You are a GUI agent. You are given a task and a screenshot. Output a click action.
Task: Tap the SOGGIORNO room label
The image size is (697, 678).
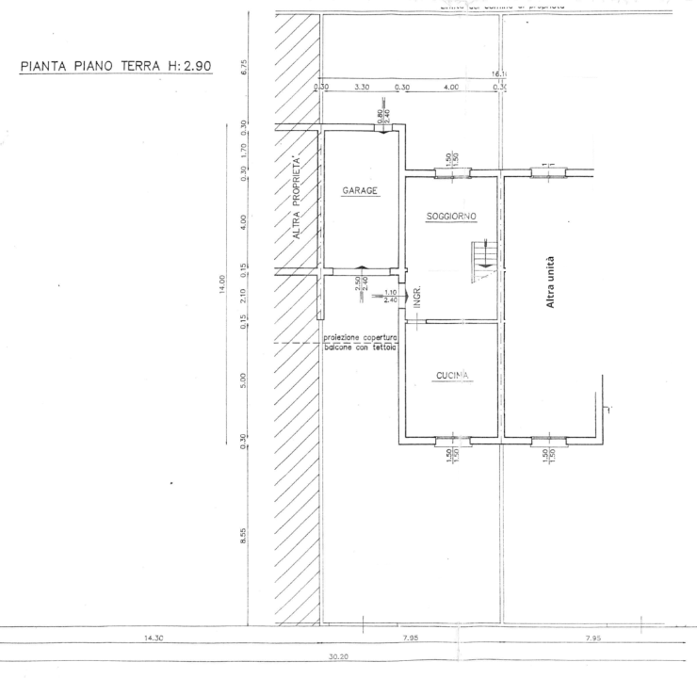(x=451, y=216)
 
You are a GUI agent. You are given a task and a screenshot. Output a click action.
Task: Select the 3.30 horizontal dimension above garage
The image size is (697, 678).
(x=362, y=88)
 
